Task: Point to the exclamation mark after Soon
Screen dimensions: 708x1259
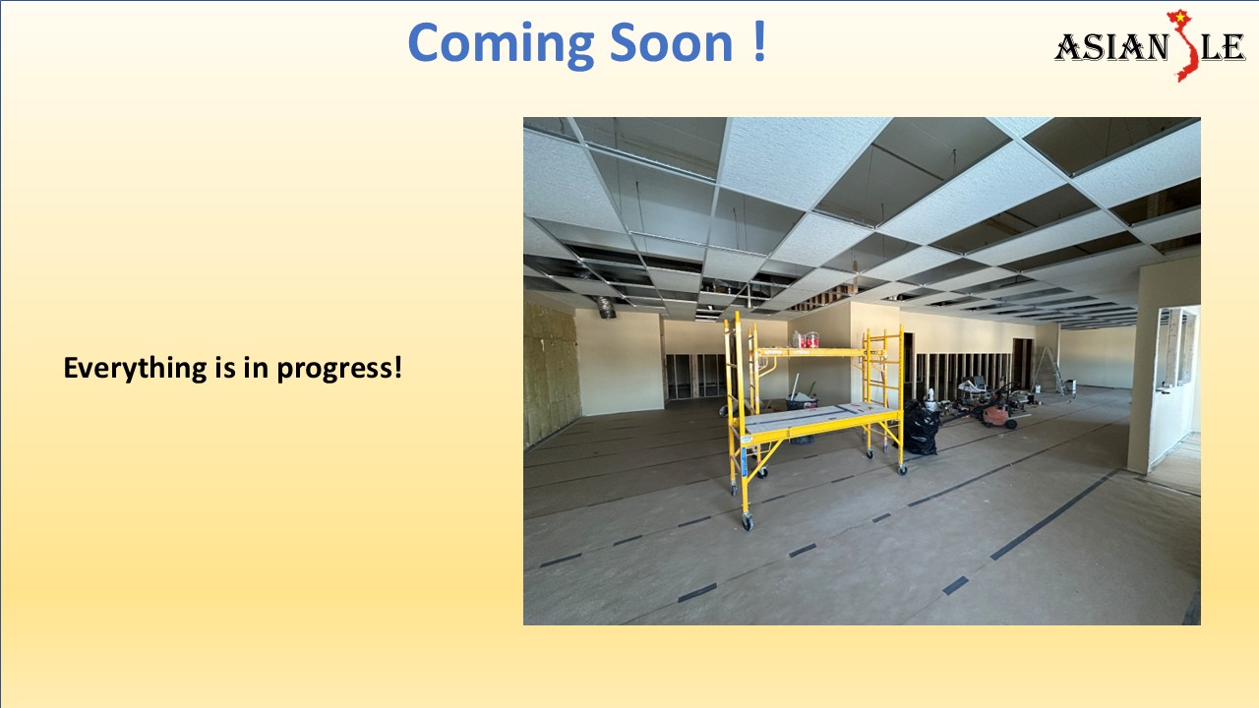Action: click(759, 43)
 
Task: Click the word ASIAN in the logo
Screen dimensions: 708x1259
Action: click(1109, 47)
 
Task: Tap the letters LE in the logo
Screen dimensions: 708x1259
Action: click(1223, 47)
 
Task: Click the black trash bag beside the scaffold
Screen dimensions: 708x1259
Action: click(922, 429)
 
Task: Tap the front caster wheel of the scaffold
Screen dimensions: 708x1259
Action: click(748, 522)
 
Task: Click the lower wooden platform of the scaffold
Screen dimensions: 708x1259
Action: click(821, 420)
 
